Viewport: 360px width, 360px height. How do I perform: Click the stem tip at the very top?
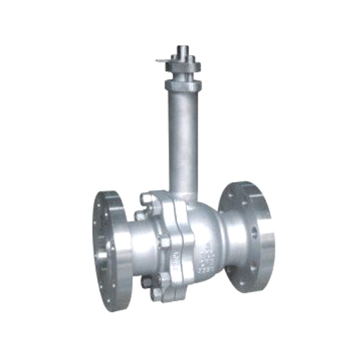point(182,49)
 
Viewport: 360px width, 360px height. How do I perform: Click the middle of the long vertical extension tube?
point(183,138)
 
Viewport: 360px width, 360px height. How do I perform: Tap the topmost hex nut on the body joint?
point(147,198)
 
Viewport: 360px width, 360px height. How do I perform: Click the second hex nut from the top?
point(142,215)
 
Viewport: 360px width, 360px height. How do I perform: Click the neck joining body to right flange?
point(228,240)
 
